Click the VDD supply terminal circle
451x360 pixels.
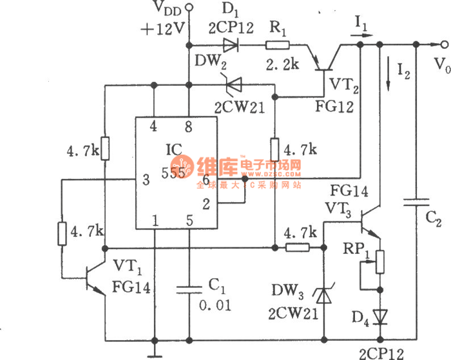(x=189, y=8)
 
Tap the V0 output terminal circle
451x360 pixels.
(x=443, y=44)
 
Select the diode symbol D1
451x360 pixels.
(x=231, y=44)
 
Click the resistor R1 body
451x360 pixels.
(x=278, y=45)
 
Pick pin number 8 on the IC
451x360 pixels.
(x=188, y=128)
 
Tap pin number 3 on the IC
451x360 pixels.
(x=146, y=181)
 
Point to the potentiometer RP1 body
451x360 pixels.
(x=380, y=261)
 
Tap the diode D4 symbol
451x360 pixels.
(x=380, y=316)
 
